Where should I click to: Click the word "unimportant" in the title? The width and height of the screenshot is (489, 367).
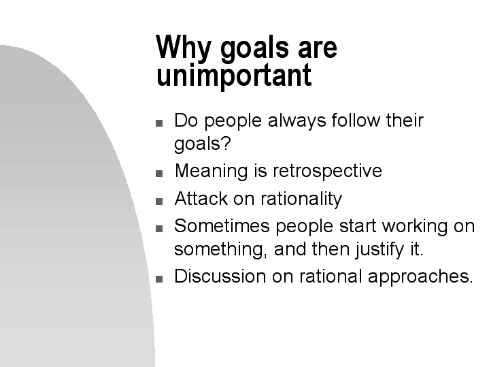(x=233, y=75)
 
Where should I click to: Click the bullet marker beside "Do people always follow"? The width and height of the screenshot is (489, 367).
(x=159, y=124)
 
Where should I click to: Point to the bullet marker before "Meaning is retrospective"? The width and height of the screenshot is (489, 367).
(x=159, y=174)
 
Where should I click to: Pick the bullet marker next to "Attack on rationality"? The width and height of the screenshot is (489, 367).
(x=159, y=202)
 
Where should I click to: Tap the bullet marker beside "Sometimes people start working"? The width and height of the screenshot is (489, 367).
(x=159, y=228)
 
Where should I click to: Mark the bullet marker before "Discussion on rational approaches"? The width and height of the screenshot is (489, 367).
(x=159, y=278)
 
